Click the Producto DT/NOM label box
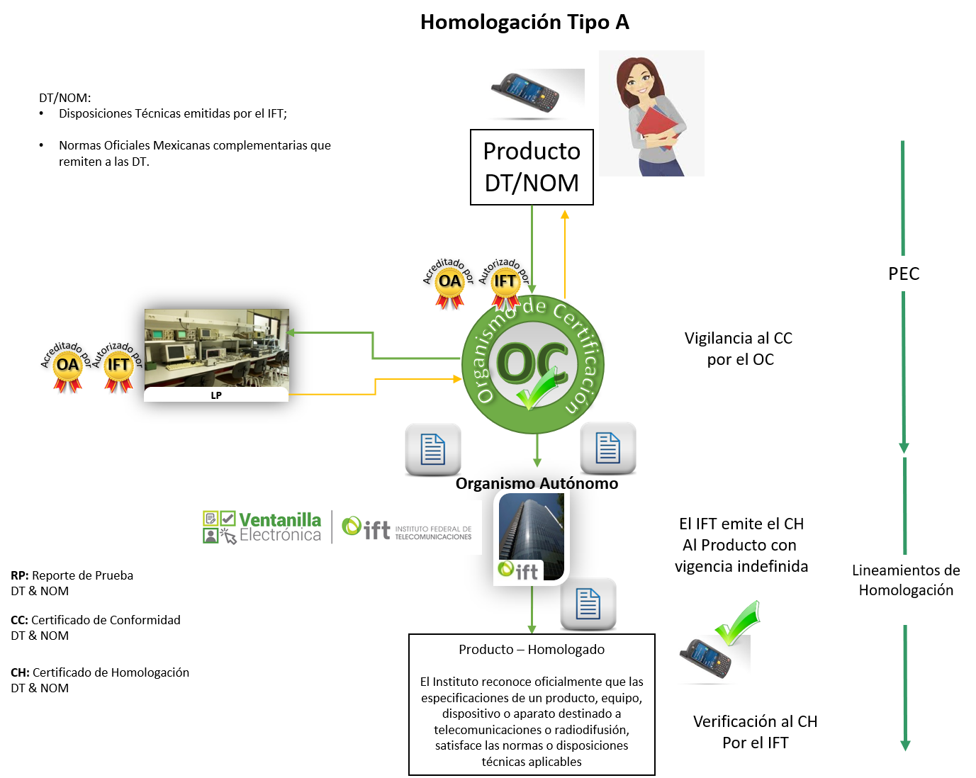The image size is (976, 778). (x=532, y=167)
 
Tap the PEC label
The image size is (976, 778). (x=904, y=274)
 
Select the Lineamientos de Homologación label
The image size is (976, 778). (x=906, y=580)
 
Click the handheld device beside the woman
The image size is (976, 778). (x=525, y=93)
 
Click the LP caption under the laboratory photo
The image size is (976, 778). (x=216, y=395)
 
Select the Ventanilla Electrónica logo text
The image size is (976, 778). (x=279, y=527)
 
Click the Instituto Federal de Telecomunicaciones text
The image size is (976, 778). (x=433, y=533)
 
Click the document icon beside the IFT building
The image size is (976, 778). (x=588, y=604)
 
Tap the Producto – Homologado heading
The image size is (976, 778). (x=532, y=649)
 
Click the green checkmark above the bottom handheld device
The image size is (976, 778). (x=739, y=621)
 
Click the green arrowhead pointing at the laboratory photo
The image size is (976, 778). (x=292, y=332)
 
